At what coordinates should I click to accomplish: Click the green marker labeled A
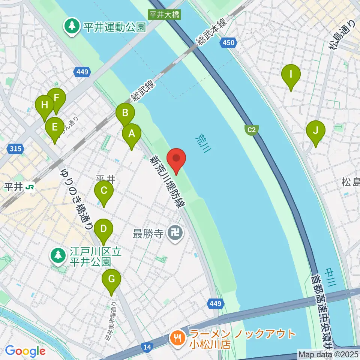point(132,134)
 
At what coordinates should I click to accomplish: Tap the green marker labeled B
point(125,113)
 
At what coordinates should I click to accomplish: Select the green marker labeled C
point(104,191)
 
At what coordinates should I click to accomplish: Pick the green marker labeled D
point(103,229)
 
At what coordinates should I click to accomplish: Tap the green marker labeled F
point(57,99)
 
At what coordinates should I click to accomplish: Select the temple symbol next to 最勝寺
point(175,234)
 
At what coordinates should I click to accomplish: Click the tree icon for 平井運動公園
point(71,26)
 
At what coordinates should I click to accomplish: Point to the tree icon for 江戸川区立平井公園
point(58,256)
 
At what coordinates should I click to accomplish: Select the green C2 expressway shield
point(252,130)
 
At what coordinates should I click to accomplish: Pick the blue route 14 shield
point(147,348)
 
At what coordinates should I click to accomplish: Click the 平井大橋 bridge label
point(164,15)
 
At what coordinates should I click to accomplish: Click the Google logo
point(25,351)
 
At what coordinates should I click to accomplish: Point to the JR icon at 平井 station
point(30,186)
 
